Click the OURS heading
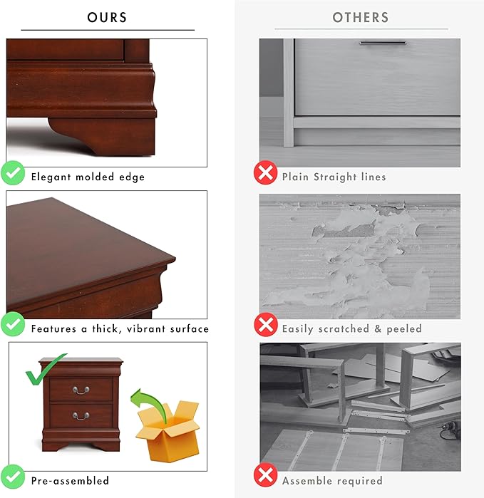pos(107,18)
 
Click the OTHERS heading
pos(361,18)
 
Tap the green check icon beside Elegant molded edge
pos(13,173)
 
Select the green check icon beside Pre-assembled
pos(13,477)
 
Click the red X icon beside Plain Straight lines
pos(265,172)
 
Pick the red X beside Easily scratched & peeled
pos(266,324)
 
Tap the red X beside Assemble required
pos(266,474)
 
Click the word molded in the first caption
pos(95,177)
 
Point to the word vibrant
pos(146,328)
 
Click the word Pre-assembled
pos(70,480)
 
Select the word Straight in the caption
pos(335,177)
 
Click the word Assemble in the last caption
pos(303,481)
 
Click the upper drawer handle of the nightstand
pos(81,390)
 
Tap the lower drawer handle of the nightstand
pos(81,416)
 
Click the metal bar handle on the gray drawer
pos(383,43)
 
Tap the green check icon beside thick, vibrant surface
pos(13,324)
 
